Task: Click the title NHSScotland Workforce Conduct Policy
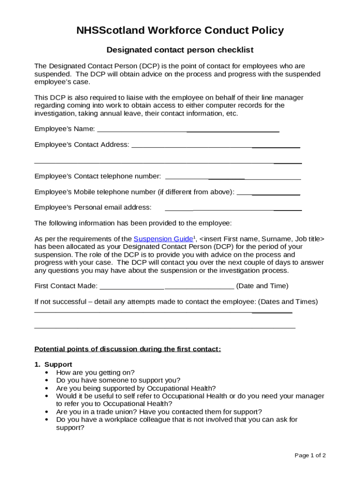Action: (x=180, y=31)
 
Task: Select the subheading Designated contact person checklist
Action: (x=180, y=50)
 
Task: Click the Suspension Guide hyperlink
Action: (x=163, y=239)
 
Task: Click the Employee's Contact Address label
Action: (x=82, y=145)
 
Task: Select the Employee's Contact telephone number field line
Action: (x=233, y=176)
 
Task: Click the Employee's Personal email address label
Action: (x=93, y=207)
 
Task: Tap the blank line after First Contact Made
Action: (x=167, y=286)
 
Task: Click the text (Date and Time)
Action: (x=262, y=286)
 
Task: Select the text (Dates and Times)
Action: (x=288, y=302)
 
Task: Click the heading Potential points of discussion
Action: (x=128, y=349)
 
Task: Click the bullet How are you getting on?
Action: (x=95, y=372)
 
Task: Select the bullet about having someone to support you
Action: (x=118, y=380)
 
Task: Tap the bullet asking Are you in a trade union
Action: (x=159, y=412)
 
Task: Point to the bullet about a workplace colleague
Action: (x=177, y=420)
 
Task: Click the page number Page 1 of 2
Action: (x=310, y=456)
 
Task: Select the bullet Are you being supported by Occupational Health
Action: (x=136, y=388)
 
